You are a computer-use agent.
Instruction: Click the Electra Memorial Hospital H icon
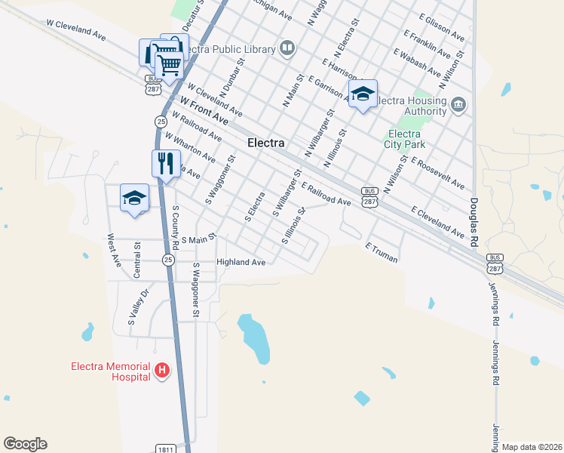point(161,370)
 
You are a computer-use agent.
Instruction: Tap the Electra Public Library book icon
point(287,49)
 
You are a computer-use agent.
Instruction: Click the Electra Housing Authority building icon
point(458,103)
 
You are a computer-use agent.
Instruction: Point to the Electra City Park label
point(405,139)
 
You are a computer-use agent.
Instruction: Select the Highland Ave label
point(241,262)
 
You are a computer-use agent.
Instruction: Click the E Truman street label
point(381,252)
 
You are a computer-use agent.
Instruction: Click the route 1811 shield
point(167,448)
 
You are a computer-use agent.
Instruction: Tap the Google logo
point(25,444)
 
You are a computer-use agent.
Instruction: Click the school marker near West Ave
point(135,199)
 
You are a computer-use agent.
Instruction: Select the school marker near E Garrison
point(363,94)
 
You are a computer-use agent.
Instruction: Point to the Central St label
point(137,260)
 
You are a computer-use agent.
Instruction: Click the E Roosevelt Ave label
point(437,174)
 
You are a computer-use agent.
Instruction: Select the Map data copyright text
point(531,447)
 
